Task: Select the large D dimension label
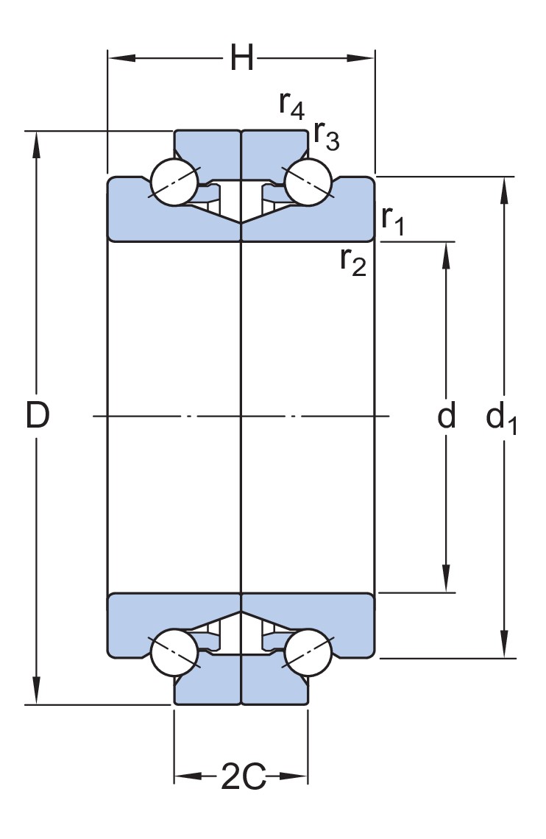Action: pos(37,417)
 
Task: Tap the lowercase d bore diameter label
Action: pos(447,417)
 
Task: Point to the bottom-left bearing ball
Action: pos(174,652)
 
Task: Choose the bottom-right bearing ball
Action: pos(308,652)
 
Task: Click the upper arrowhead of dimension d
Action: pos(446,251)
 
